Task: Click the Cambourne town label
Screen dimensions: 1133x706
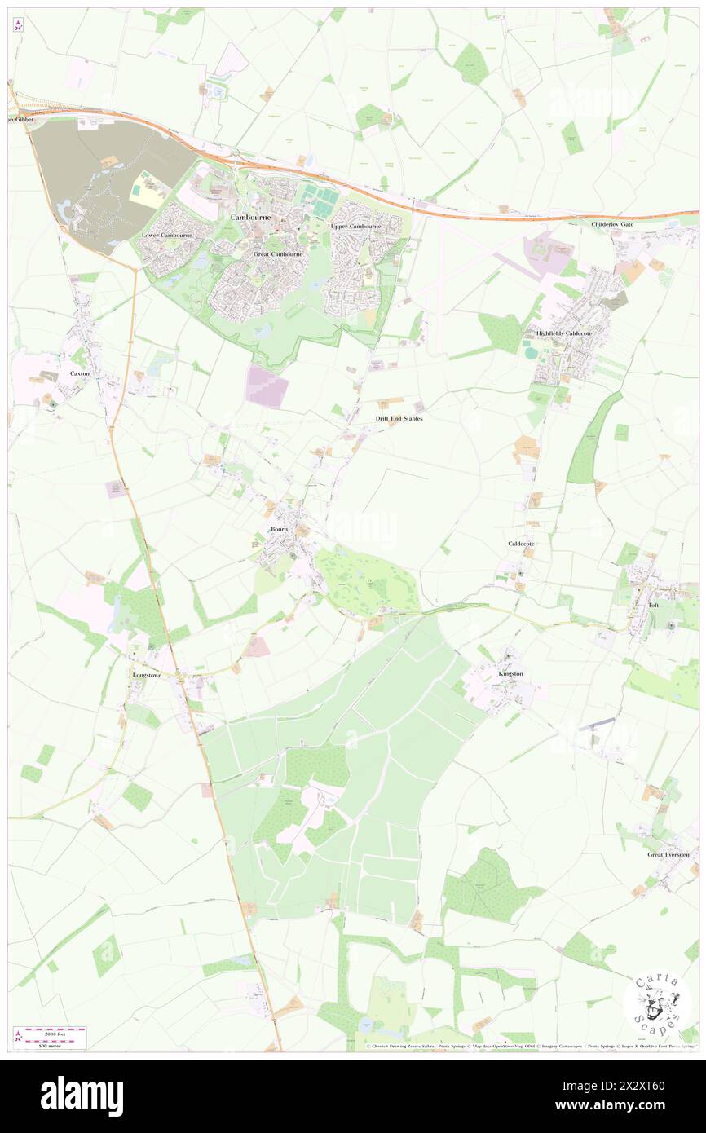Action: pos(255,218)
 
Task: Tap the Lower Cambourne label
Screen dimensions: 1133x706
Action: pos(167,236)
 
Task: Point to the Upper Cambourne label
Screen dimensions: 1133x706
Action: pos(356,226)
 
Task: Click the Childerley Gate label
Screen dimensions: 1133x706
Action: pos(613,223)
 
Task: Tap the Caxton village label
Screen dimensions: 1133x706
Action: pos(79,373)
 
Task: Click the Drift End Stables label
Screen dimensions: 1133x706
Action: pos(399,418)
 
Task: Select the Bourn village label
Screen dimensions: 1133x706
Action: pos(280,529)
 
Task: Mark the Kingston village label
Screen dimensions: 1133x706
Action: pos(510,674)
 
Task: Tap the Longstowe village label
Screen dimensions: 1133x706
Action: pos(148,676)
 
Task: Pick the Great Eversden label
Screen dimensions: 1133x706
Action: pos(668,854)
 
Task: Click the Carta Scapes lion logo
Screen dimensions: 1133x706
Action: pos(657,1003)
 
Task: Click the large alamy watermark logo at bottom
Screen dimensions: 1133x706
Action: pos(82,1096)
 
